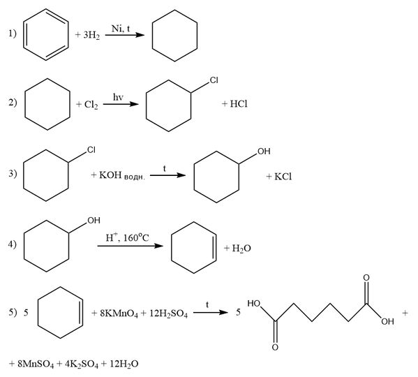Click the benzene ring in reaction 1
point(24,35)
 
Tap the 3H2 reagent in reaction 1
point(91,35)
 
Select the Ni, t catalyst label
point(121,28)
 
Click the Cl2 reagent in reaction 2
point(91,104)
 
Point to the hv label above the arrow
point(118,97)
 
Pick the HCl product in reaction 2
point(239,104)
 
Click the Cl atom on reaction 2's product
point(214,80)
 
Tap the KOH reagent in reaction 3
point(110,175)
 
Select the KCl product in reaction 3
point(283,177)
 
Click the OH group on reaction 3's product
point(264,151)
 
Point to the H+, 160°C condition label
point(127,237)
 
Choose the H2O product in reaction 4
point(241,249)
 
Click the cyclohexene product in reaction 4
point(171,247)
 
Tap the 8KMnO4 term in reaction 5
point(119,313)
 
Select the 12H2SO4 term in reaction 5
point(168,313)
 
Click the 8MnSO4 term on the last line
point(36,364)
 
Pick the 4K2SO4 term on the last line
point(82,364)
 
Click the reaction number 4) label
point(13,244)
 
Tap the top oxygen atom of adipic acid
point(366,278)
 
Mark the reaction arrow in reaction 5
point(210,312)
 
